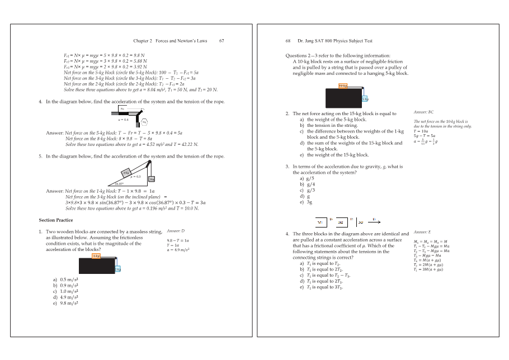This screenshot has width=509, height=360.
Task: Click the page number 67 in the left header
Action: point(221,41)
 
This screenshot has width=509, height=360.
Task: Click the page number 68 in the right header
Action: point(288,41)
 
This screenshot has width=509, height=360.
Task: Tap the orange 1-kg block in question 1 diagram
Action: point(96,256)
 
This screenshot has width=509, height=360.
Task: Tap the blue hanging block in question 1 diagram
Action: point(117,269)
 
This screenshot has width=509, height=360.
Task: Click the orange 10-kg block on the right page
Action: point(343,86)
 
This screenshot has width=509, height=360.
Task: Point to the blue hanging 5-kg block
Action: point(364,99)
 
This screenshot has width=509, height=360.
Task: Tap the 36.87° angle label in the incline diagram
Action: point(120,183)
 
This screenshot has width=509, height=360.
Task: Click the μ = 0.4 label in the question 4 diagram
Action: point(124,120)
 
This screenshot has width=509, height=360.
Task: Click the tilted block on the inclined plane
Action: point(126,171)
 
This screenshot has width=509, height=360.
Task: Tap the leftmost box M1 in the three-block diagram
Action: point(321,221)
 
